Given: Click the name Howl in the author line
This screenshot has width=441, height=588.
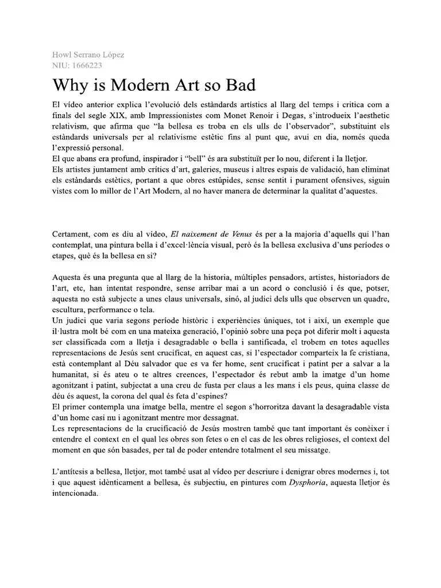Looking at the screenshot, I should coord(61,55).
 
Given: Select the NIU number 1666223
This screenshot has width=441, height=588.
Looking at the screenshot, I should coord(86,65).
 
